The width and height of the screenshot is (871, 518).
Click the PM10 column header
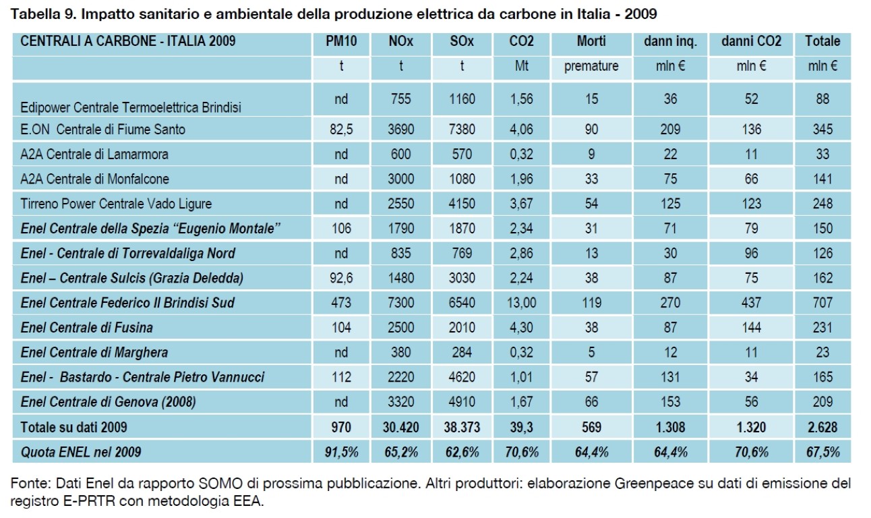(x=341, y=41)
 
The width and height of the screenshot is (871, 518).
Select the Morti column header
(x=591, y=41)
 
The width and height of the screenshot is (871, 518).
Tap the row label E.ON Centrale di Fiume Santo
(x=103, y=129)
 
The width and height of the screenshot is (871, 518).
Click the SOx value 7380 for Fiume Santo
(x=462, y=129)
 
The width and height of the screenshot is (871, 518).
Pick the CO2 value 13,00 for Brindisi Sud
(x=522, y=303)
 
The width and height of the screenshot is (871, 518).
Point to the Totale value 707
(x=822, y=303)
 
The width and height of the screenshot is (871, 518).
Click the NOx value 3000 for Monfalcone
(x=401, y=179)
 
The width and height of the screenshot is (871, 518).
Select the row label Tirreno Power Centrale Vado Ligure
(x=117, y=204)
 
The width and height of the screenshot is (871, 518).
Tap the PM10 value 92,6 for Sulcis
(x=341, y=278)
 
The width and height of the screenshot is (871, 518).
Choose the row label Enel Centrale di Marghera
(x=94, y=352)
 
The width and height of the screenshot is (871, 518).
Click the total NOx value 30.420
(x=401, y=427)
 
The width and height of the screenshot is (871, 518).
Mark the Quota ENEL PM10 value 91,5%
(x=341, y=452)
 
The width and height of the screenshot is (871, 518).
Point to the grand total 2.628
(x=822, y=427)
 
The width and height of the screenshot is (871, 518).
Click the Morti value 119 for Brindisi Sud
(x=591, y=303)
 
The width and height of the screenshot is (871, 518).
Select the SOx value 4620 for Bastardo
(x=462, y=377)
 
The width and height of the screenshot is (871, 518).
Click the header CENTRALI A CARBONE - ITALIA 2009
(x=128, y=41)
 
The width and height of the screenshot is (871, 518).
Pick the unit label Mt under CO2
(x=522, y=66)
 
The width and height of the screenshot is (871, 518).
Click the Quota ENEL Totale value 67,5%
(x=822, y=452)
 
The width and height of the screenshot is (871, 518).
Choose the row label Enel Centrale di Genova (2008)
(x=109, y=402)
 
